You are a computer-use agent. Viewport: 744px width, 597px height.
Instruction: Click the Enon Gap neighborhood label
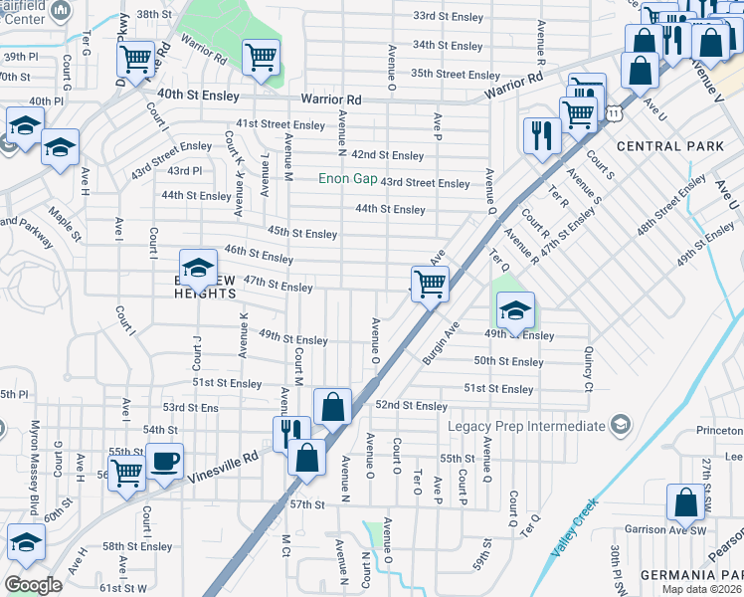[x=347, y=179]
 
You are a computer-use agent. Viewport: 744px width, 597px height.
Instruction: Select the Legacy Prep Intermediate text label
[x=526, y=426]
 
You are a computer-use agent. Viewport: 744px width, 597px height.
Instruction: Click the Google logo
[x=32, y=585]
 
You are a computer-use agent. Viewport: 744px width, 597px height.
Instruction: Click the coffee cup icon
[x=165, y=462]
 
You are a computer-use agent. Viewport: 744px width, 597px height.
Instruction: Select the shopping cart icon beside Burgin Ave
[x=430, y=285]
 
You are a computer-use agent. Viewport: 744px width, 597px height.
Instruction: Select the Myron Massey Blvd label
[x=35, y=468]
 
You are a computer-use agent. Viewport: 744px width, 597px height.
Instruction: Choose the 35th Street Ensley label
[x=455, y=74]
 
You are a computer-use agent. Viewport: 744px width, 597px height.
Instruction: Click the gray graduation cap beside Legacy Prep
[x=620, y=426]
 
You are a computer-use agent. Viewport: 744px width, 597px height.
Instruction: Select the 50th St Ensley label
[x=508, y=361]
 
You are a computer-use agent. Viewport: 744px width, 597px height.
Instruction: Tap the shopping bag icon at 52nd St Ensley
[x=332, y=406]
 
